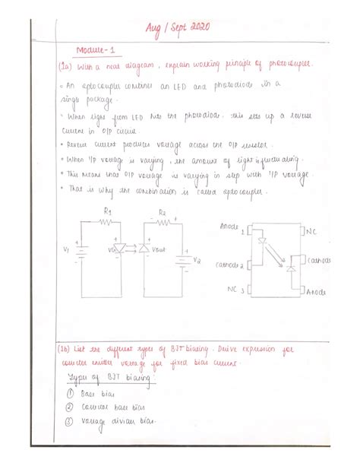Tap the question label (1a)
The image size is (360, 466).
65,67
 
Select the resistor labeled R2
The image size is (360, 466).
162,222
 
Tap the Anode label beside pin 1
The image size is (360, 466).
229,227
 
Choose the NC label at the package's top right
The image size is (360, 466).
311,229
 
